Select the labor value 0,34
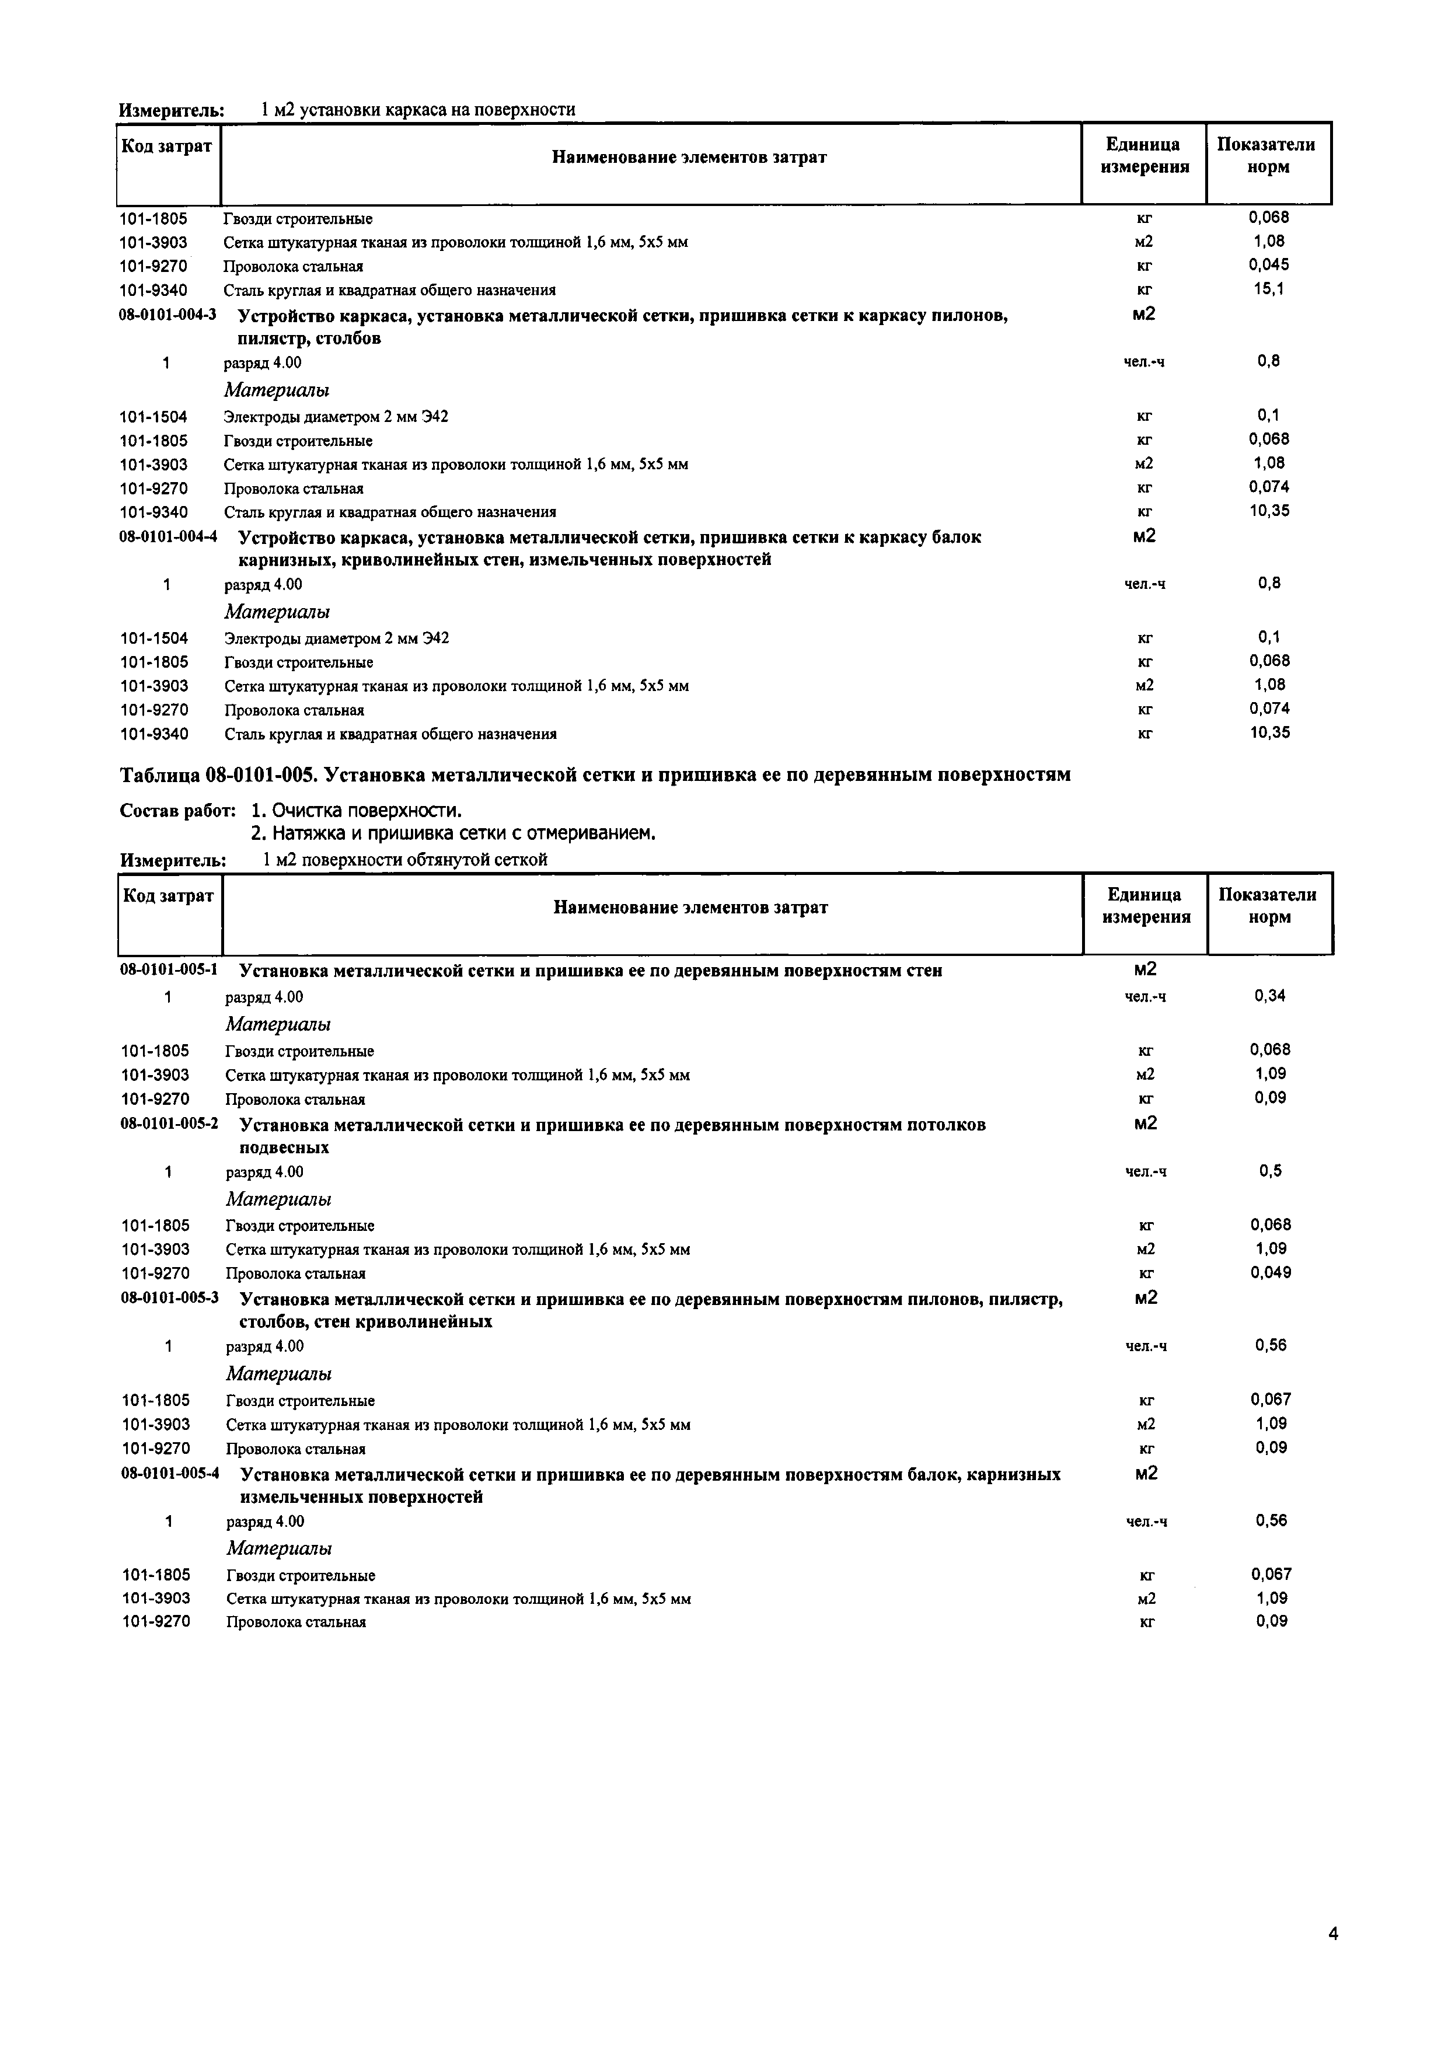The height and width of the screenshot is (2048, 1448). click(1269, 996)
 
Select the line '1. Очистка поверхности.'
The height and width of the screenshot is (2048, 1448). click(357, 811)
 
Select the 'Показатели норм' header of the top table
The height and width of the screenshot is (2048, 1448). click(1267, 156)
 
